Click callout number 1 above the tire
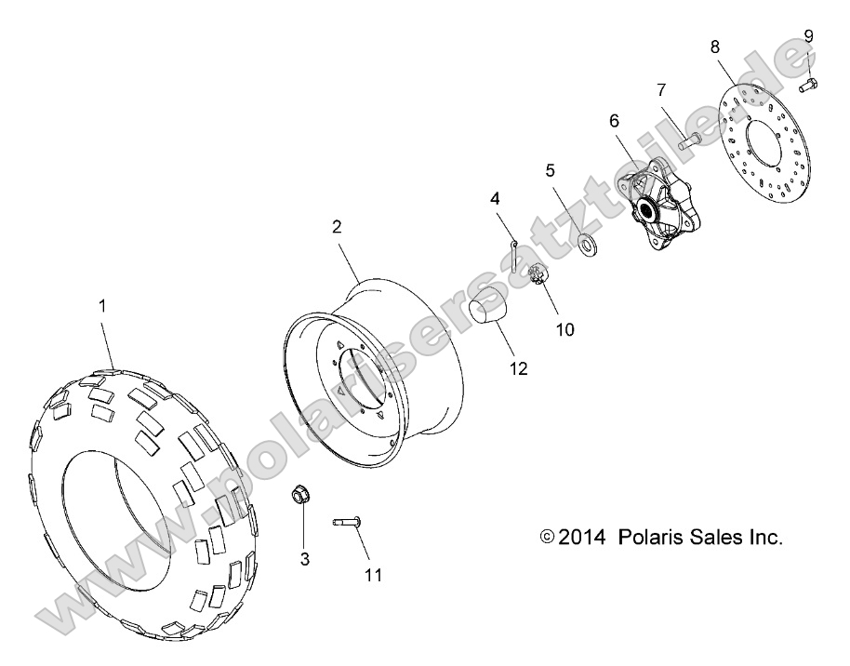[x=103, y=305]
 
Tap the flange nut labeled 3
[x=300, y=495]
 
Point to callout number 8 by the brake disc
[x=715, y=45]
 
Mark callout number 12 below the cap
[x=519, y=368]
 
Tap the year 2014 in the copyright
[x=583, y=537]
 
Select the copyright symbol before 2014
[x=547, y=538]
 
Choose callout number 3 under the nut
[x=303, y=559]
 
